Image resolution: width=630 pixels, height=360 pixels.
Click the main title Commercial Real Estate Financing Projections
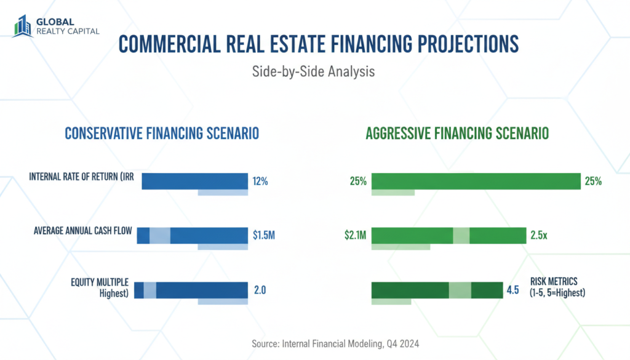pos(317,46)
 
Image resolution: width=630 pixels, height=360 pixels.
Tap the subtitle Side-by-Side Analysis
pos(313,72)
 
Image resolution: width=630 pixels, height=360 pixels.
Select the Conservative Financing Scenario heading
pos(162,134)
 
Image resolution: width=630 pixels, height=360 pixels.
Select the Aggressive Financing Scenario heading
pos(457,134)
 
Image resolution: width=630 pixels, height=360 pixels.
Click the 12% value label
pos(260,182)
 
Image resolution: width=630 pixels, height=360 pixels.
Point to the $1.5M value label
pos(263,235)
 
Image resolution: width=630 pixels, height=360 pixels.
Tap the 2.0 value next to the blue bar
pos(260,290)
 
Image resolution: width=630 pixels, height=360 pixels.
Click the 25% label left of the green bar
pos(357,182)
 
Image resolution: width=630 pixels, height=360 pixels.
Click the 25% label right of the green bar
pos(594,182)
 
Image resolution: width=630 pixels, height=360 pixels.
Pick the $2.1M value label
pos(356,235)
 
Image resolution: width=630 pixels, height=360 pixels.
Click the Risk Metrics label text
pos(556,287)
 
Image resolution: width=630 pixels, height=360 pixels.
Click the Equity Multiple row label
pos(100,287)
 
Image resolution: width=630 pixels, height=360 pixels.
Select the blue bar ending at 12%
pos(194,181)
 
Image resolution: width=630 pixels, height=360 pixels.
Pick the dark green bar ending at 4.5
pos(437,290)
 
